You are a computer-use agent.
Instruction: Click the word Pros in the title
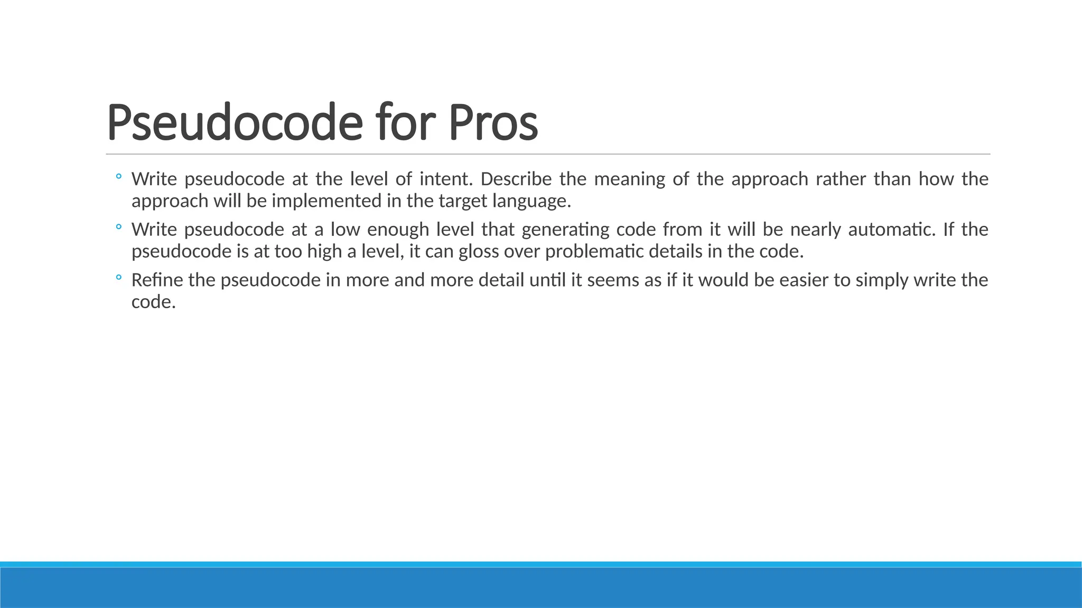pyautogui.click(x=493, y=122)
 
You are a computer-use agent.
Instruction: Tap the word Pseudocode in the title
pyautogui.click(x=235, y=122)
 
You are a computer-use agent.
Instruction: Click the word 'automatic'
pyautogui.click(x=891, y=230)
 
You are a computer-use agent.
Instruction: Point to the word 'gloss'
pyautogui.click(x=479, y=252)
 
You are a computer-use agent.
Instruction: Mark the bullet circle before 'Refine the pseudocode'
pyautogui.click(x=118, y=277)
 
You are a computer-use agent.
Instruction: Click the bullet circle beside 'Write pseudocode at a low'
pyautogui.click(x=118, y=227)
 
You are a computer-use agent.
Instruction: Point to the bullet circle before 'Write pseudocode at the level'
pyautogui.click(x=118, y=176)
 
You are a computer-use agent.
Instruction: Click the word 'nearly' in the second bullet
pyautogui.click(x=815, y=230)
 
